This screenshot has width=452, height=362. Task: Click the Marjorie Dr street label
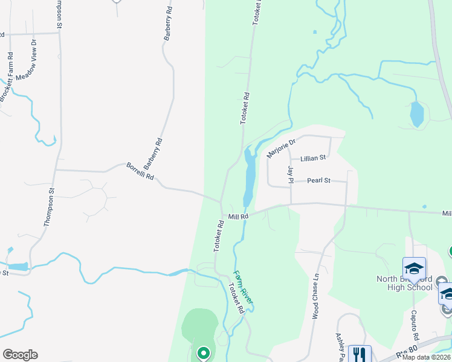click(x=281, y=148)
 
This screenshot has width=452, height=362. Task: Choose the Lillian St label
click(x=313, y=157)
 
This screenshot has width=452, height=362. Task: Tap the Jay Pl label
click(x=291, y=174)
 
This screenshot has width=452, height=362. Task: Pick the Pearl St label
click(x=318, y=180)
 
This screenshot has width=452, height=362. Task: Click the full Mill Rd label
click(x=239, y=217)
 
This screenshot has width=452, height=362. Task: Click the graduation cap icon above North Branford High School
click(x=414, y=267)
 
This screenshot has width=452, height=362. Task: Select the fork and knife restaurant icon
click(x=360, y=354)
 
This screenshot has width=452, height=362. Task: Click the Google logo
click(x=20, y=355)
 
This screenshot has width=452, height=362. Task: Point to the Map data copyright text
click(x=426, y=357)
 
